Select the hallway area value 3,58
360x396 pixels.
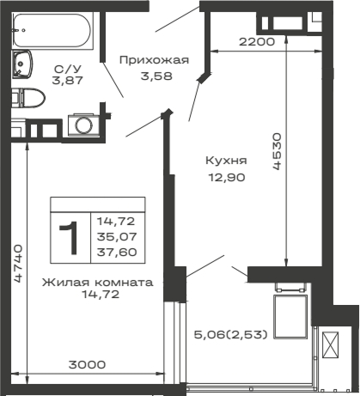click(153, 75)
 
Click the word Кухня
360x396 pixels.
click(227, 159)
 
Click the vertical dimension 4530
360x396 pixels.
click(277, 152)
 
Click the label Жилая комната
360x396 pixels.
click(98, 281)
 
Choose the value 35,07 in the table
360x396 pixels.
click(121, 236)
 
